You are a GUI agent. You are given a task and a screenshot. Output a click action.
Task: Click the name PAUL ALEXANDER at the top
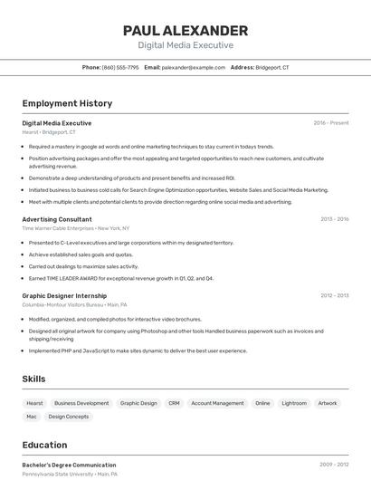coord(185,31)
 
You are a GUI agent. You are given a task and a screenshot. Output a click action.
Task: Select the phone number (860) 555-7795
coord(120,67)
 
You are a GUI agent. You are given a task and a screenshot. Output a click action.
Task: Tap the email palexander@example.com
coord(194,67)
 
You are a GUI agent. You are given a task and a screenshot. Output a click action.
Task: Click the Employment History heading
coord(67,103)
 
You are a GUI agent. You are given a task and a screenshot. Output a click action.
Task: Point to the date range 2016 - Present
coord(331,122)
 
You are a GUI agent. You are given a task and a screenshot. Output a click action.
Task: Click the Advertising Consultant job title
coord(57,219)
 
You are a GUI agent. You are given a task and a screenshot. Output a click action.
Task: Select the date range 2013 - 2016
coord(334,219)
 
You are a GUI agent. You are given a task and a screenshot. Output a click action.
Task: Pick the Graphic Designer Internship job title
coord(64,295)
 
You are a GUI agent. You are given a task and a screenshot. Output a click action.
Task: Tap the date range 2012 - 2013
coord(334,295)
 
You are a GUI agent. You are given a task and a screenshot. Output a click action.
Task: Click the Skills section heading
coord(34,379)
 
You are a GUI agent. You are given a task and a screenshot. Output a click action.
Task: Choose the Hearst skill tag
coord(34,403)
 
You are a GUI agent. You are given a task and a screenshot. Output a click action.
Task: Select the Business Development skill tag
coord(81,403)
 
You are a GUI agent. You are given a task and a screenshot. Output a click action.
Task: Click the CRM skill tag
coord(174,403)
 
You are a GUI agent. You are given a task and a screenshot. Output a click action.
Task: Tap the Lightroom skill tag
coord(294,403)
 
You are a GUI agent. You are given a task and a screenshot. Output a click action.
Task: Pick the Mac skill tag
coord(32,417)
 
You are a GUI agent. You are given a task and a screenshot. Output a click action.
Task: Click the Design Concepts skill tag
coord(69,417)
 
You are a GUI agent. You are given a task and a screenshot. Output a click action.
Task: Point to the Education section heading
coord(44,445)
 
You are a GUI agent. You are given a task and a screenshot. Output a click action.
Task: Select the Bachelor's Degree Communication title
coord(69,465)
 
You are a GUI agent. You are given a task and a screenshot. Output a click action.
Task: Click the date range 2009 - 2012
coord(333,465)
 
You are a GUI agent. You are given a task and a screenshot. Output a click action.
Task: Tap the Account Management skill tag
coord(217,403)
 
